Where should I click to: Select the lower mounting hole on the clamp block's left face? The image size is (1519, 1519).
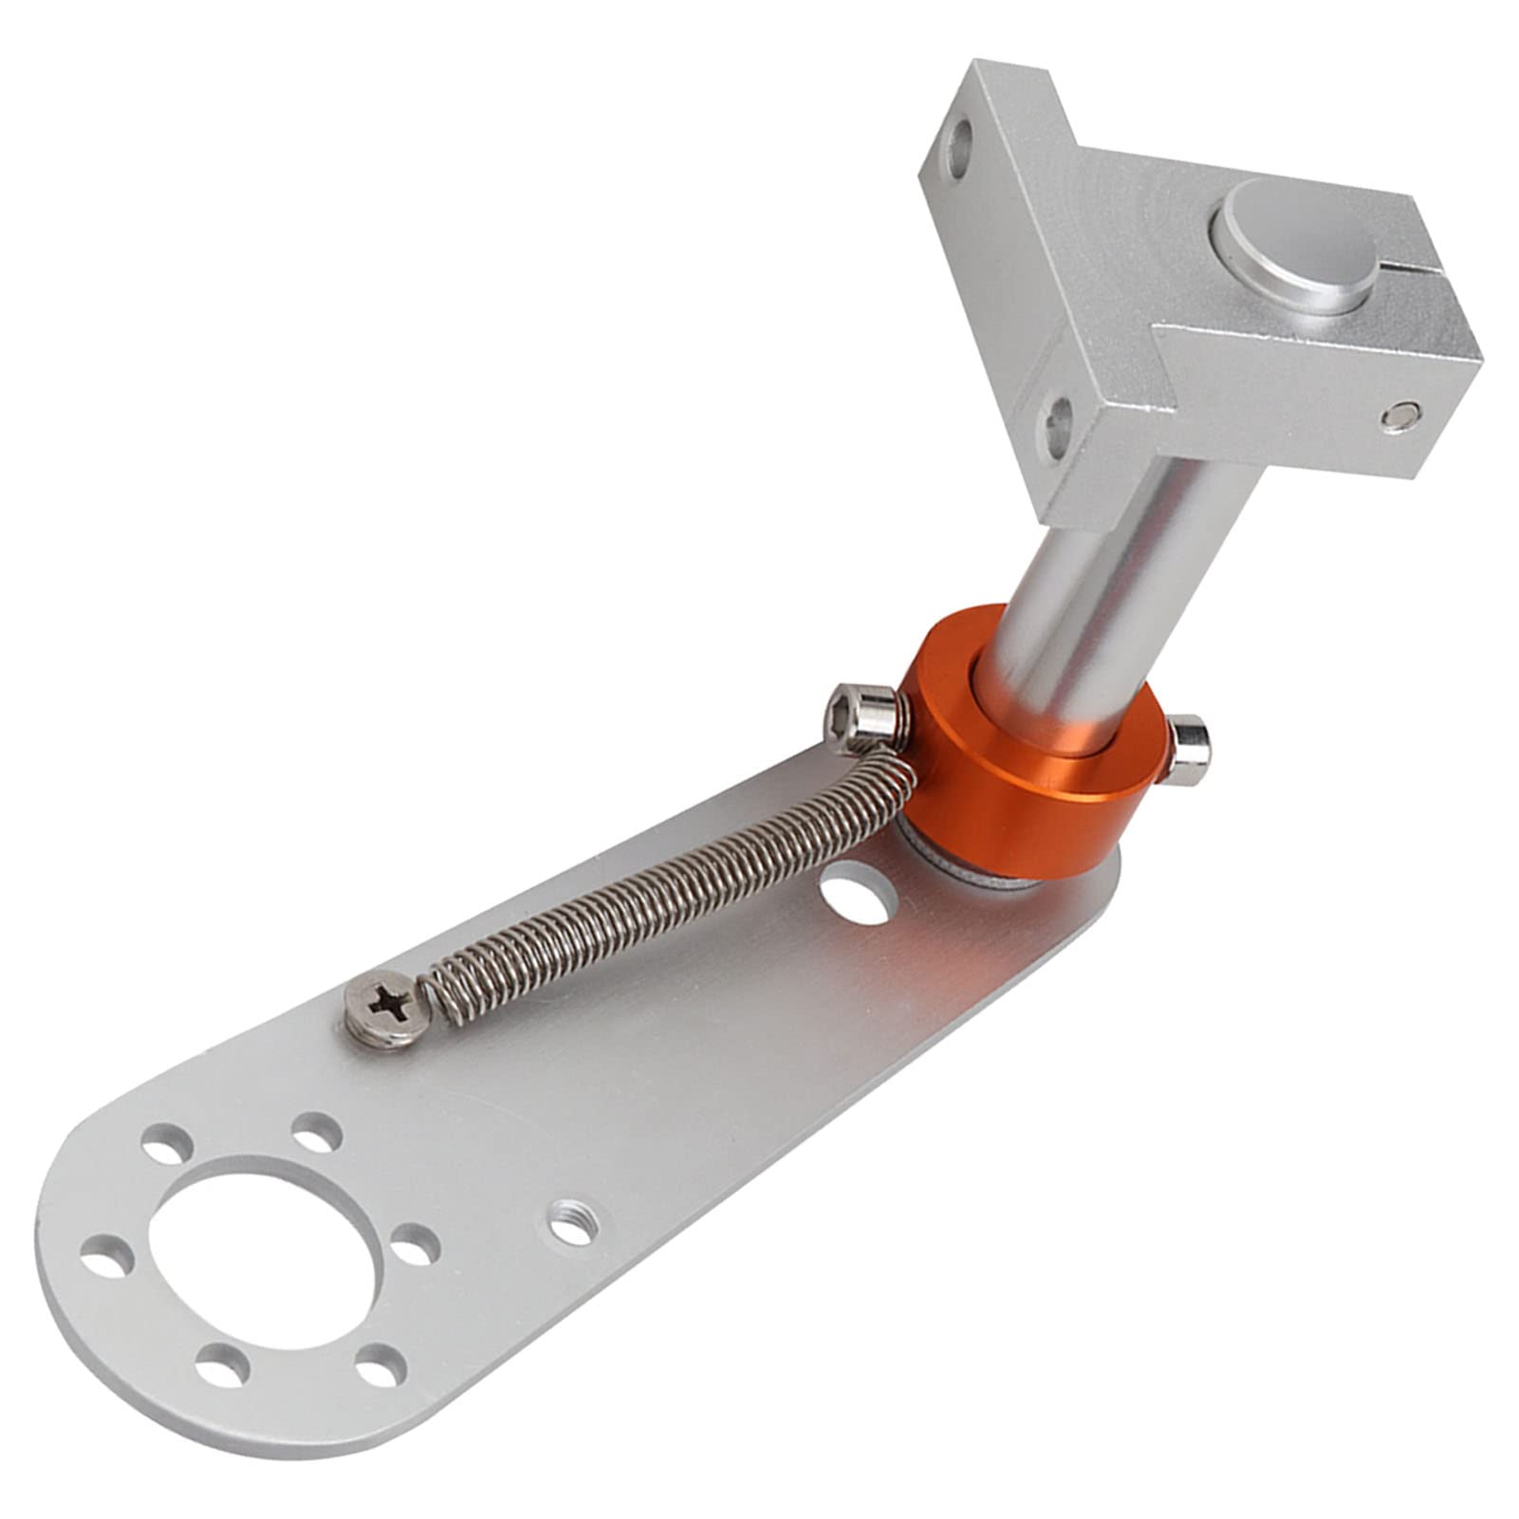[x=1056, y=421]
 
